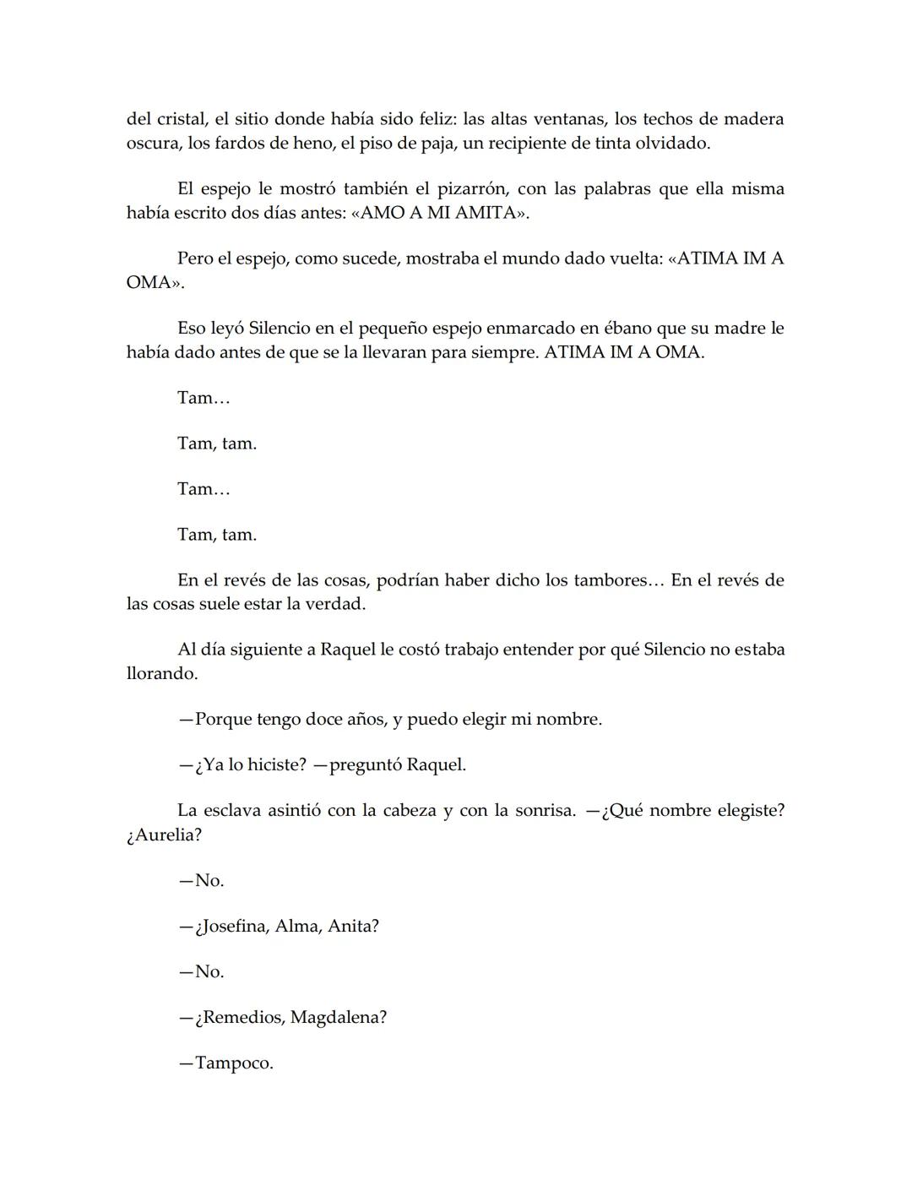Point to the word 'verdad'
click(339, 604)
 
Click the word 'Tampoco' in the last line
click(232, 1063)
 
